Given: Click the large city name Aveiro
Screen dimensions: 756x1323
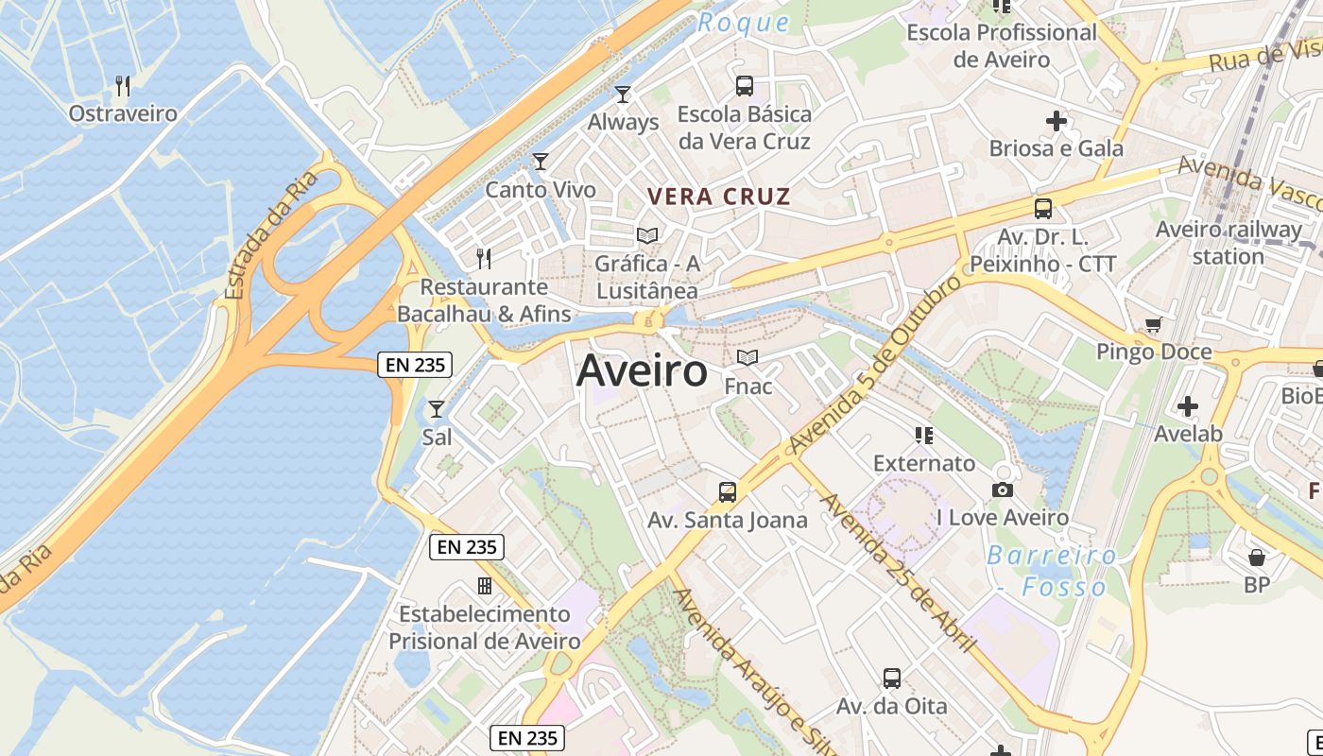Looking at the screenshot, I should (642, 370).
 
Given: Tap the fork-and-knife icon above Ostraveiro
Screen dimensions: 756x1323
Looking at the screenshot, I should (123, 86).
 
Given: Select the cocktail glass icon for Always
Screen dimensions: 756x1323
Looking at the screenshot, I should (623, 94).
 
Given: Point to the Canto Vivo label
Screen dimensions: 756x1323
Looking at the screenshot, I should (541, 190).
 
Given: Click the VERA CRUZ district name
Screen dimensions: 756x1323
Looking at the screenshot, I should (718, 197).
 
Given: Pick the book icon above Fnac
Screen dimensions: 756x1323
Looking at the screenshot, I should (747, 358).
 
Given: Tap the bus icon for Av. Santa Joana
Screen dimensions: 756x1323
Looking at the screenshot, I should (727, 491).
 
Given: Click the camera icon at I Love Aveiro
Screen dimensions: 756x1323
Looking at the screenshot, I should (1003, 490).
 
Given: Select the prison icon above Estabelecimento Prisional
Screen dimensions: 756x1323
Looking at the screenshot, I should (485, 586).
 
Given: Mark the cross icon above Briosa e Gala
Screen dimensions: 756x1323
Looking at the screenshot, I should (1057, 121).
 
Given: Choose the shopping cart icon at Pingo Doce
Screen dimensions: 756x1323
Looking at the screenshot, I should (1153, 325).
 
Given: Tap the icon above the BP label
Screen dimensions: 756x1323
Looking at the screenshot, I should (1257, 558).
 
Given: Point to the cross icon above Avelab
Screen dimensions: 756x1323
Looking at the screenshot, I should (1188, 406).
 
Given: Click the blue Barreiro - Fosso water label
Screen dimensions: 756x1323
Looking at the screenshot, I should (1052, 571).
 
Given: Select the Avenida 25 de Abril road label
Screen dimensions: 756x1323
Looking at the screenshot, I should (898, 573).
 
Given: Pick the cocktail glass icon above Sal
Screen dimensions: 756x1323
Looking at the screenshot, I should (437, 409).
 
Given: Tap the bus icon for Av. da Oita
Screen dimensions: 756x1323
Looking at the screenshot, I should (891, 678).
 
